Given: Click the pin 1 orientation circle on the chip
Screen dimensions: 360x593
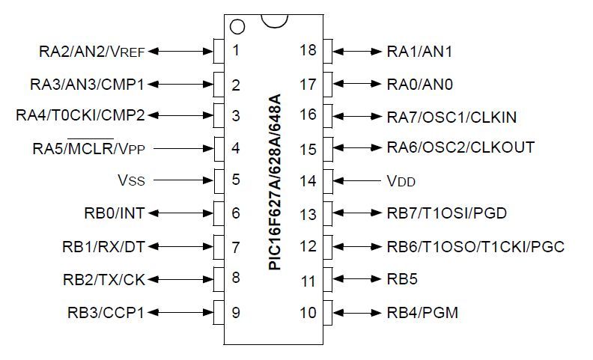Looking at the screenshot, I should [x=237, y=27].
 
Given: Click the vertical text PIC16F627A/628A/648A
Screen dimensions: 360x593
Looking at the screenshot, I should [x=274, y=183].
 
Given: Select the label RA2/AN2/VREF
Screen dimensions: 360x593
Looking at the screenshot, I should [x=91, y=52].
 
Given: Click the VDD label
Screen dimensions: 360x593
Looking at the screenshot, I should [x=401, y=180].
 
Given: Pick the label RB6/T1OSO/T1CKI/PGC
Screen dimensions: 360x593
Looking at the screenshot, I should [x=475, y=246].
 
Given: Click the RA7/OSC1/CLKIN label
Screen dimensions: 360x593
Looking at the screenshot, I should [x=451, y=116].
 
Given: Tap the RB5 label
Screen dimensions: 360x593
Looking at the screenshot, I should [x=401, y=280].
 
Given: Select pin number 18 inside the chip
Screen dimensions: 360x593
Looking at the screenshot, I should [x=308, y=52].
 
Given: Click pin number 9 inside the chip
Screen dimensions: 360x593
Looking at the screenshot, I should [x=236, y=312].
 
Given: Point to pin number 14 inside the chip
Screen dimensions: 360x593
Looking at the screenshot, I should [x=308, y=180].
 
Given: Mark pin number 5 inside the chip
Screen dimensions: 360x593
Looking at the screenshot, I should [x=236, y=180].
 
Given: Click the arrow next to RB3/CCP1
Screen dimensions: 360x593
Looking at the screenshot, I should [x=180, y=312].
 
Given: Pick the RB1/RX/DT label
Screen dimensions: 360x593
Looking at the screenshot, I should [x=103, y=246].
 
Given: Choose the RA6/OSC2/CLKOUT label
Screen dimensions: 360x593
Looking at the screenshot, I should [x=460, y=148].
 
